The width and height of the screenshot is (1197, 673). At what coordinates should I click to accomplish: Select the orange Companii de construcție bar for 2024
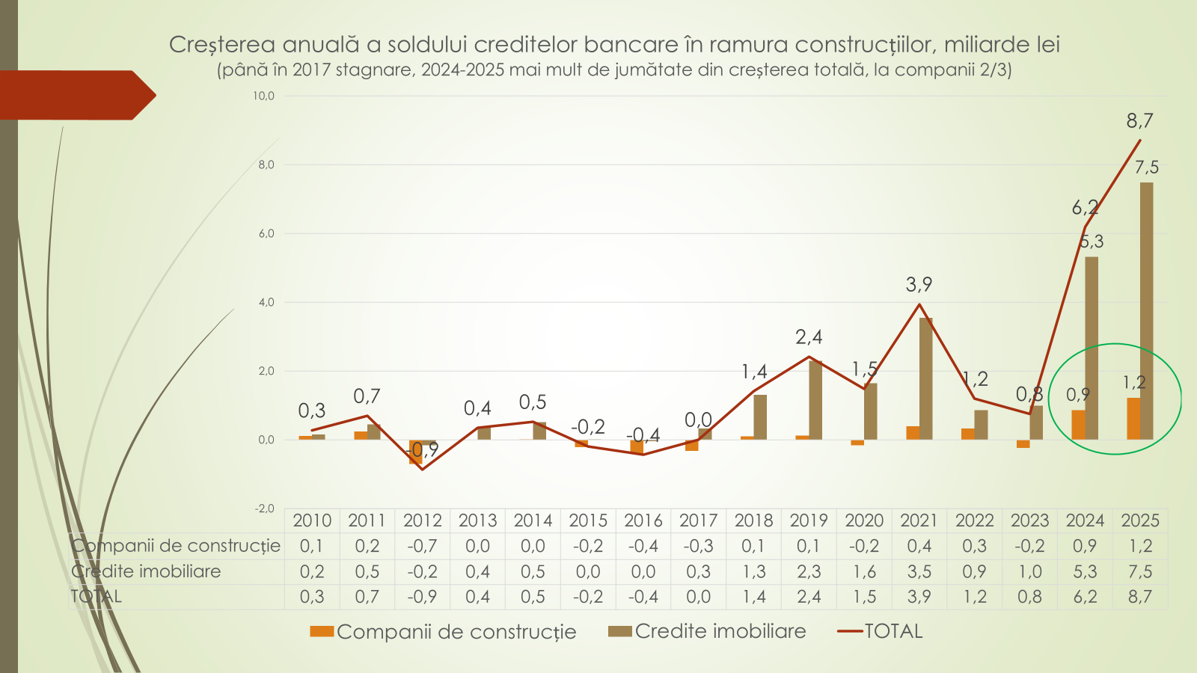pyautogui.click(x=1078, y=425)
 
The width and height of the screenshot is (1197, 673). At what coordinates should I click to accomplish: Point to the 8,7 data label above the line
pyautogui.click(x=1139, y=120)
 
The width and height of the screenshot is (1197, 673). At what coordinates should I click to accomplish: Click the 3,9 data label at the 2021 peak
pyautogui.click(x=919, y=284)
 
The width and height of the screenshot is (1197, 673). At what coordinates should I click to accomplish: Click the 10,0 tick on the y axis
pyautogui.click(x=264, y=96)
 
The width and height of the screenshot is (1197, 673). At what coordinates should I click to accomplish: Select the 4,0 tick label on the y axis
pyautogui.click(x=266, y=302)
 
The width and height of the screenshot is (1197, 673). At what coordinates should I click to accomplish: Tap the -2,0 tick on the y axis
pyautogui.click(x=265, y=508)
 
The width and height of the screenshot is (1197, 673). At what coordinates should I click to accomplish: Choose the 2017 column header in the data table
pyautogui.click(x=698, y=520)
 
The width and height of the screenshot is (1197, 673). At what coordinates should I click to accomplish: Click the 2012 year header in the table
pyautogui.click(x=422, y=520)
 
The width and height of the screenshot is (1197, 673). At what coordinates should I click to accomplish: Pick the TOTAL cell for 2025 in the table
pyautogui.click(x=1140, y=597)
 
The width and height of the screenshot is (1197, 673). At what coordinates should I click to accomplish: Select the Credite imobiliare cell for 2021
pyautogui.click(x=919, y=571)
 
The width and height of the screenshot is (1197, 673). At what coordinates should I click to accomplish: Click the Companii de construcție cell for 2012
pyautogui.click(x=422, y=546)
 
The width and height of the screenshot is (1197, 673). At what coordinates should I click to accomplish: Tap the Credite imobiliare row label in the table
pyautogui.click(x=147, y=571)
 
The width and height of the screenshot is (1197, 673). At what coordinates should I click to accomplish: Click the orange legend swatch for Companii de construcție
pyautogui.click(x=322, y=632)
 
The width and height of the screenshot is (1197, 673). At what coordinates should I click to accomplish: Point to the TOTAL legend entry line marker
pyautogui.click(x=851, y=632)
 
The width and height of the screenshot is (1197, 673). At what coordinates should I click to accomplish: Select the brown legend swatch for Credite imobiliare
pyautogui.click(x=620, y=632)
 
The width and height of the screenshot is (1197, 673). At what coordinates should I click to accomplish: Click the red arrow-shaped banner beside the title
pyautogui.click(x=75, y=95)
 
